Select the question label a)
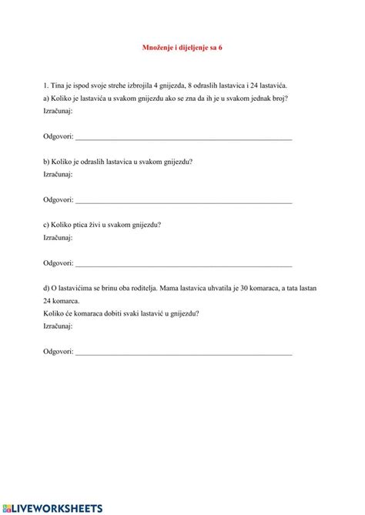pos(47,99)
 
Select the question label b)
pos(47,162)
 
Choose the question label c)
pos(47,225)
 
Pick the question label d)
pos(47,288)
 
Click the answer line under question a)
pos(183,138)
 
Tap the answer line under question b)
pos(183,201)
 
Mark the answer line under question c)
pos(183,264)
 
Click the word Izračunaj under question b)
pos(58,174)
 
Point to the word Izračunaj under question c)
pos(58,237)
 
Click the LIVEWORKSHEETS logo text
pos(57,508)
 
